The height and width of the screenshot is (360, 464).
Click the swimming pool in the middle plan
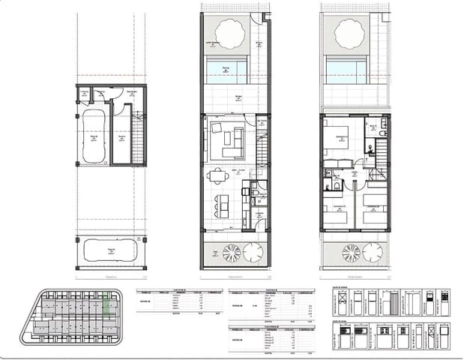pos(226,72)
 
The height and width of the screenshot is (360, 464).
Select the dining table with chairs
pos(218,176)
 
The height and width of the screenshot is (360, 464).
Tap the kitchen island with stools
pos(222,202)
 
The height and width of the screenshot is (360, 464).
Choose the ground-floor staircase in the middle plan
pos(262,146)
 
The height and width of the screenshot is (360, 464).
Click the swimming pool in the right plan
pos(346,72)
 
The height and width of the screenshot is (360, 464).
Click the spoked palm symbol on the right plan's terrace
pos(351,253)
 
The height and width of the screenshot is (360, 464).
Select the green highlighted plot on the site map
pos(109,307)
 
